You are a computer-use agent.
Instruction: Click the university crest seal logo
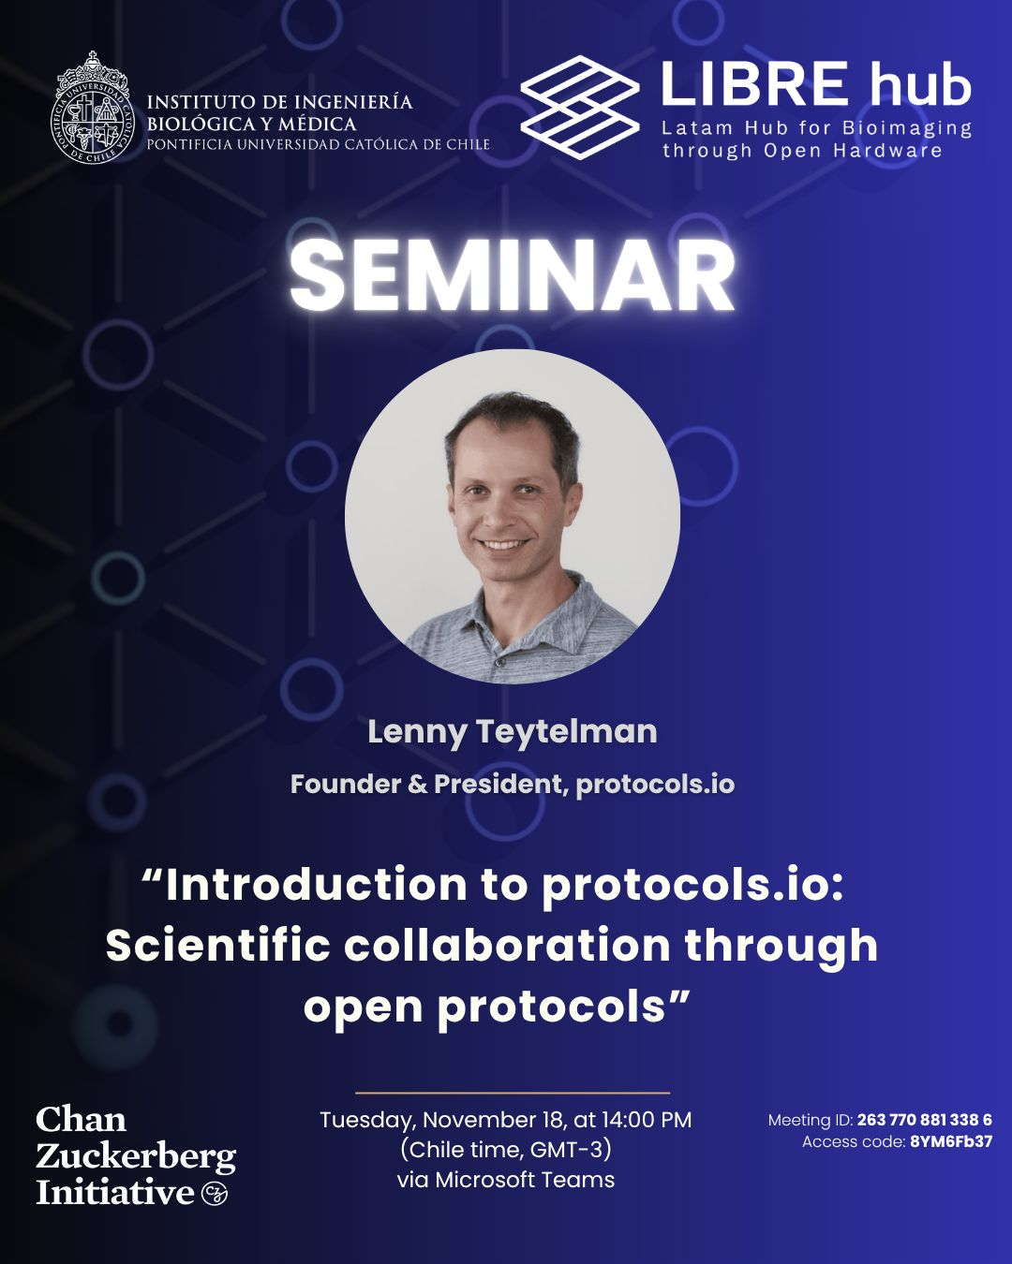[x=92, y=110]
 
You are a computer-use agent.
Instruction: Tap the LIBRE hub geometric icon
[x=579, y=108]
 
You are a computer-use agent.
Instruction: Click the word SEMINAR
[x=512, y=276]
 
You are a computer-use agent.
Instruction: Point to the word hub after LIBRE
[x=921, y=86]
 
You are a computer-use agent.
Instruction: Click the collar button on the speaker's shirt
[x=499, y=662]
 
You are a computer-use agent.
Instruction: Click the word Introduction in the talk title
[x=317, y=886]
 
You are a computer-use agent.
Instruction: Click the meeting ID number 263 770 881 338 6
[x=924, y=1120]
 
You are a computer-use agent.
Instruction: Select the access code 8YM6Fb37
[x=951, y=1142]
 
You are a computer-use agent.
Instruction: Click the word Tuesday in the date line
[x=368, y=1121]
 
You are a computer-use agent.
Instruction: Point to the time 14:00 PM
[x=646, y=1120]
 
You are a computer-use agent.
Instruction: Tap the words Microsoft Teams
[x=525, y=1180]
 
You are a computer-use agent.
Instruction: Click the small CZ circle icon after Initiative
[x=214, y=1193]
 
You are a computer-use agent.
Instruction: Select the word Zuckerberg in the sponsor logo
[x=136, y=1157]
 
